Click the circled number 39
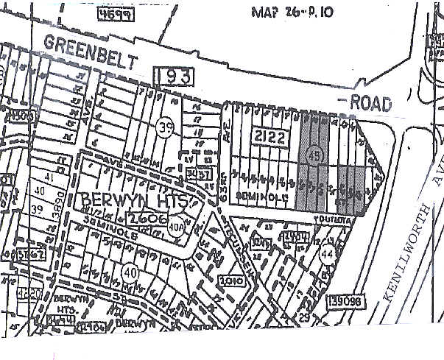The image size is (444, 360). pyautogui.click(x=166, y=127)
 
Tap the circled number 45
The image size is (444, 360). pyautogui.click(x=312, y=155)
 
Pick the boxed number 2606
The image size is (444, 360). pyautogui.click(x=144, y=219)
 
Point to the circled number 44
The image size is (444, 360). pyautogui.click(x=327, y=255)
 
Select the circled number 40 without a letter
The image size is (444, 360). pyautogui.click(x=130, y=272)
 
